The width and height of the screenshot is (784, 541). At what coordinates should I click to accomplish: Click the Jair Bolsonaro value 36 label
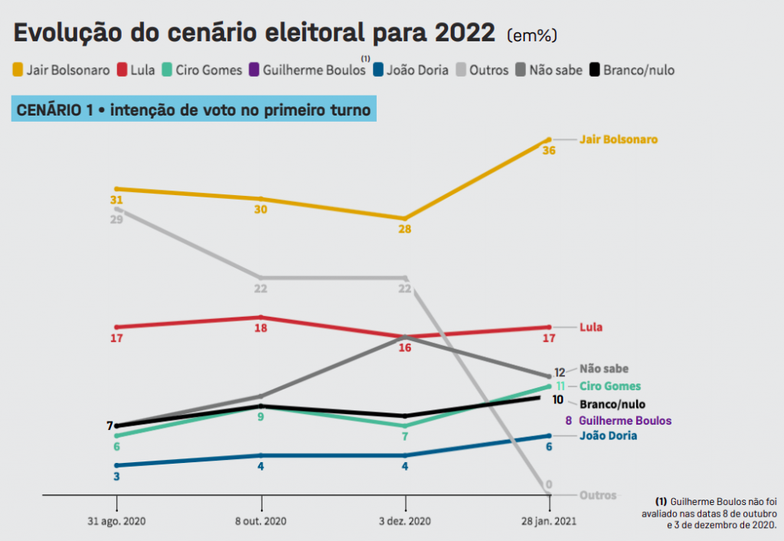[x=549, y=151]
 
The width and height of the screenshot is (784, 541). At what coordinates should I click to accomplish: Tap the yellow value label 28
[x=405, y=229]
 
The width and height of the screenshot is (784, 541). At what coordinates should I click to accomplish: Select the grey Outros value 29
[x=116, y=219]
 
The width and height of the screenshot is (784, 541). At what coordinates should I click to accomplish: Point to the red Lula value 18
[x=260, y=328]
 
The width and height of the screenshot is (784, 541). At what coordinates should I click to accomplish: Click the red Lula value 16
[x=405, y=347]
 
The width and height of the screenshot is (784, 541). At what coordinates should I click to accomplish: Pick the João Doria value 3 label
[x=116, y=476]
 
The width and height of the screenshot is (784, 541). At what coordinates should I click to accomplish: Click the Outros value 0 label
[x=549, y=485]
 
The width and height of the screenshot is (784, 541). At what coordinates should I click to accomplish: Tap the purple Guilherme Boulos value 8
[x=569, y=421]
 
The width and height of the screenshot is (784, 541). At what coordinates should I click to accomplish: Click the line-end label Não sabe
[x=604, y=369]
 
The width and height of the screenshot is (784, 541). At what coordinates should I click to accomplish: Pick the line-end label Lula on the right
[x=590, y=328]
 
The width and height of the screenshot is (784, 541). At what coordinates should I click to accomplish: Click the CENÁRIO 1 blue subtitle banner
[x=194, y=110]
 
